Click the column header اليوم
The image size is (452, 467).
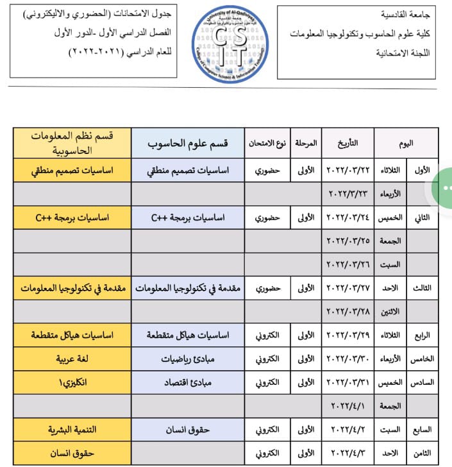tap(406, 142)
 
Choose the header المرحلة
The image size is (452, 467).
tap(306, 142)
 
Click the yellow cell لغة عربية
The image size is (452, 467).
tap(73, 359)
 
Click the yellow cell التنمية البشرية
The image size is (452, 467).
tap(73, 429)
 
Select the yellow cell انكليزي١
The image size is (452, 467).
tap(73, 382)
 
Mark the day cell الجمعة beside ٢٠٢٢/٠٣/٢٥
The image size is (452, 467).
tap(390, 241)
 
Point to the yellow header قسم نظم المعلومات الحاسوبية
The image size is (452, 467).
tap(73, 142)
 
